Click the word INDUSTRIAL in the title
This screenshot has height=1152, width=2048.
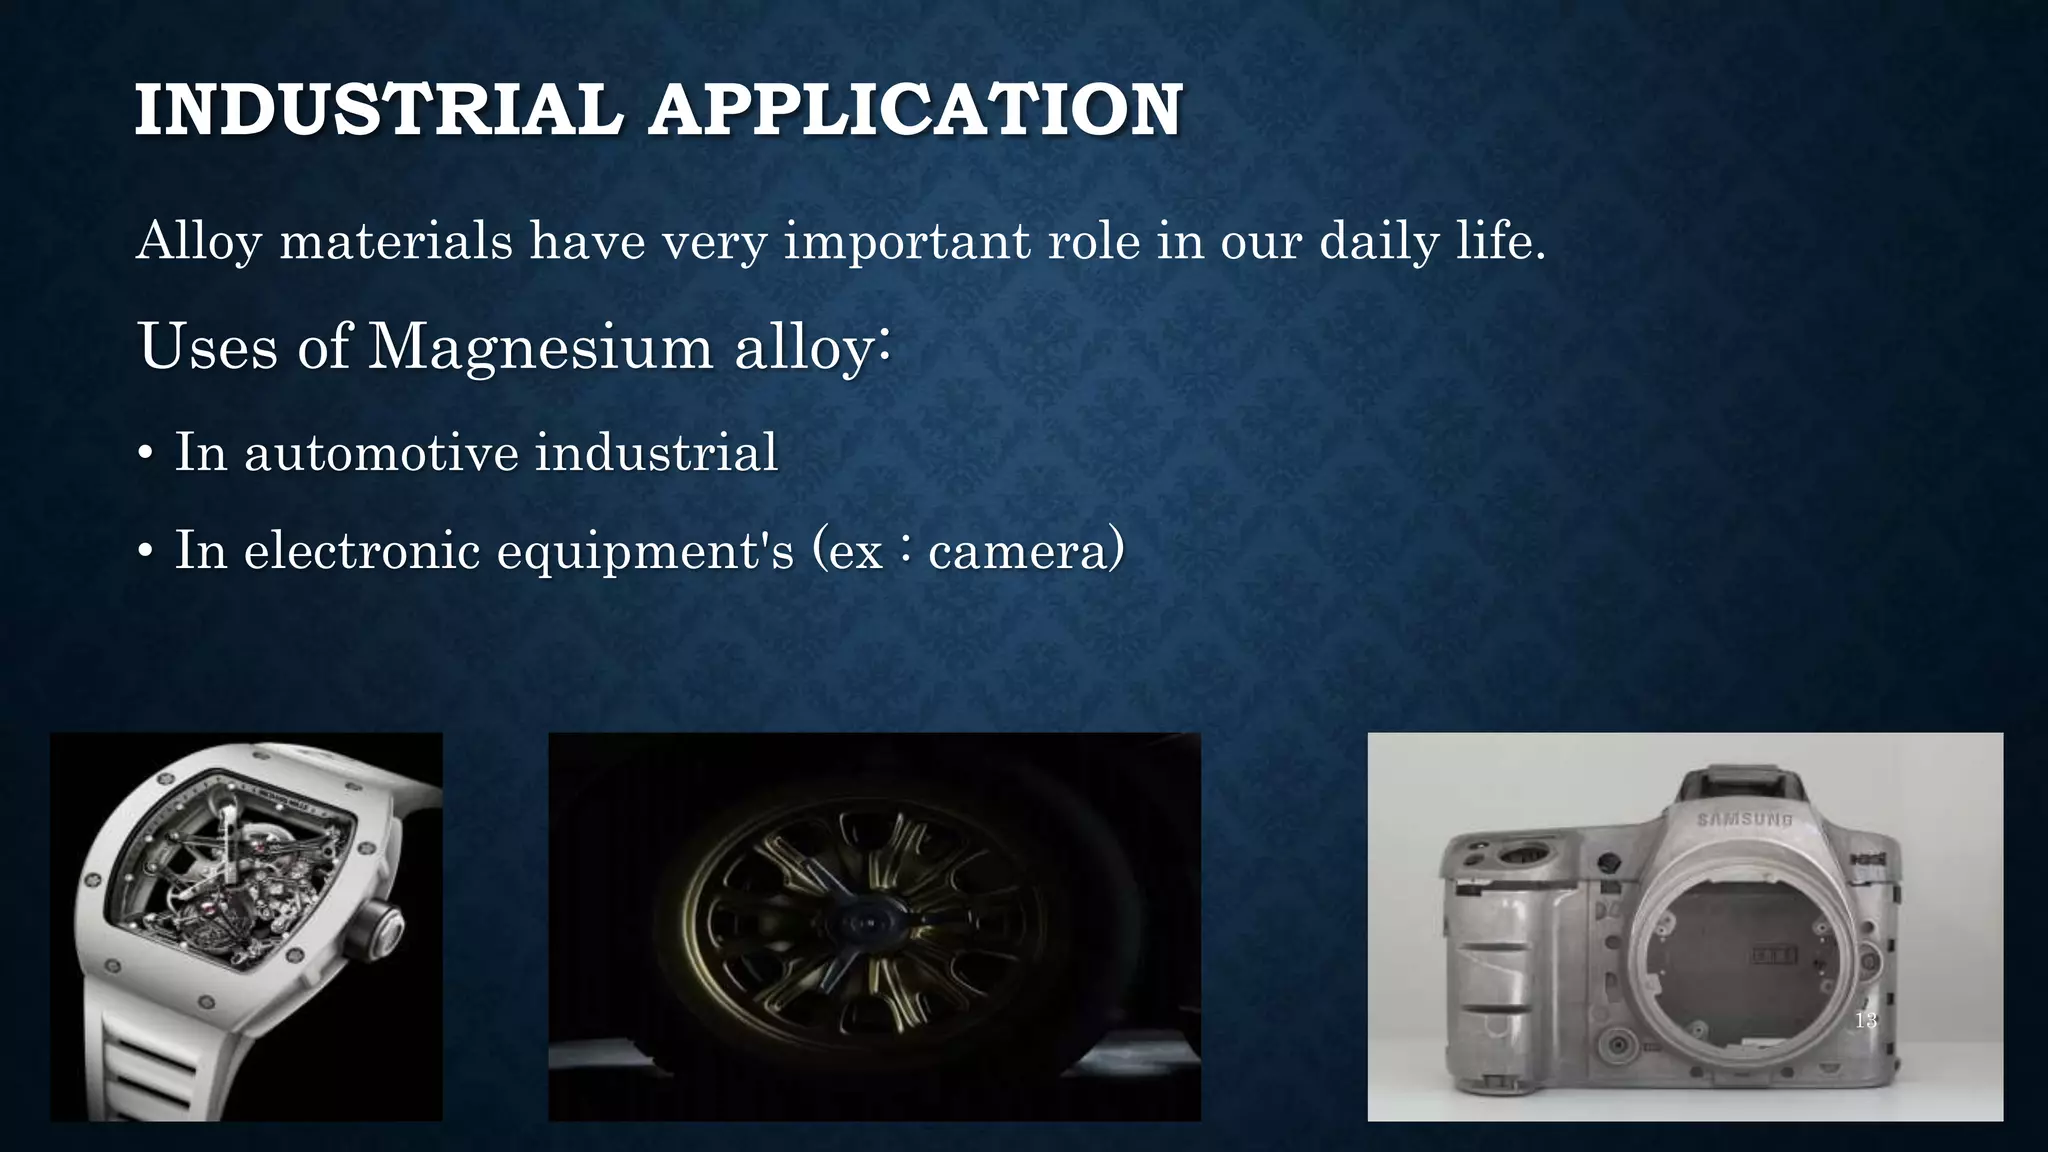tap(378, 110)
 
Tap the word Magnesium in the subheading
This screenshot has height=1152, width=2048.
tap(540, 347)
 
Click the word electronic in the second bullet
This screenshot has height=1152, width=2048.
tap(361, 550)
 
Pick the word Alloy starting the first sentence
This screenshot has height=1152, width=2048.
tap(198, 242)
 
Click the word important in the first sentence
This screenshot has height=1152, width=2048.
tap(906, 242)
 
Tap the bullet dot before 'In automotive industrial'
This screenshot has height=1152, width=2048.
tap(145, 455)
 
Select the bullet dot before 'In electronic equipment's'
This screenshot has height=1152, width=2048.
tap(145, 552)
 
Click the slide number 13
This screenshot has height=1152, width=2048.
tap(1865, 1021)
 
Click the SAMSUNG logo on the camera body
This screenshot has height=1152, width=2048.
tap(1744, 820)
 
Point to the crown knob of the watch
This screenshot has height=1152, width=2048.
tap(382, 927)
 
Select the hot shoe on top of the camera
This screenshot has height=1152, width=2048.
tap(1741, 780)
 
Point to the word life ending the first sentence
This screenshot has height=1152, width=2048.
tap(1498, 242)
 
